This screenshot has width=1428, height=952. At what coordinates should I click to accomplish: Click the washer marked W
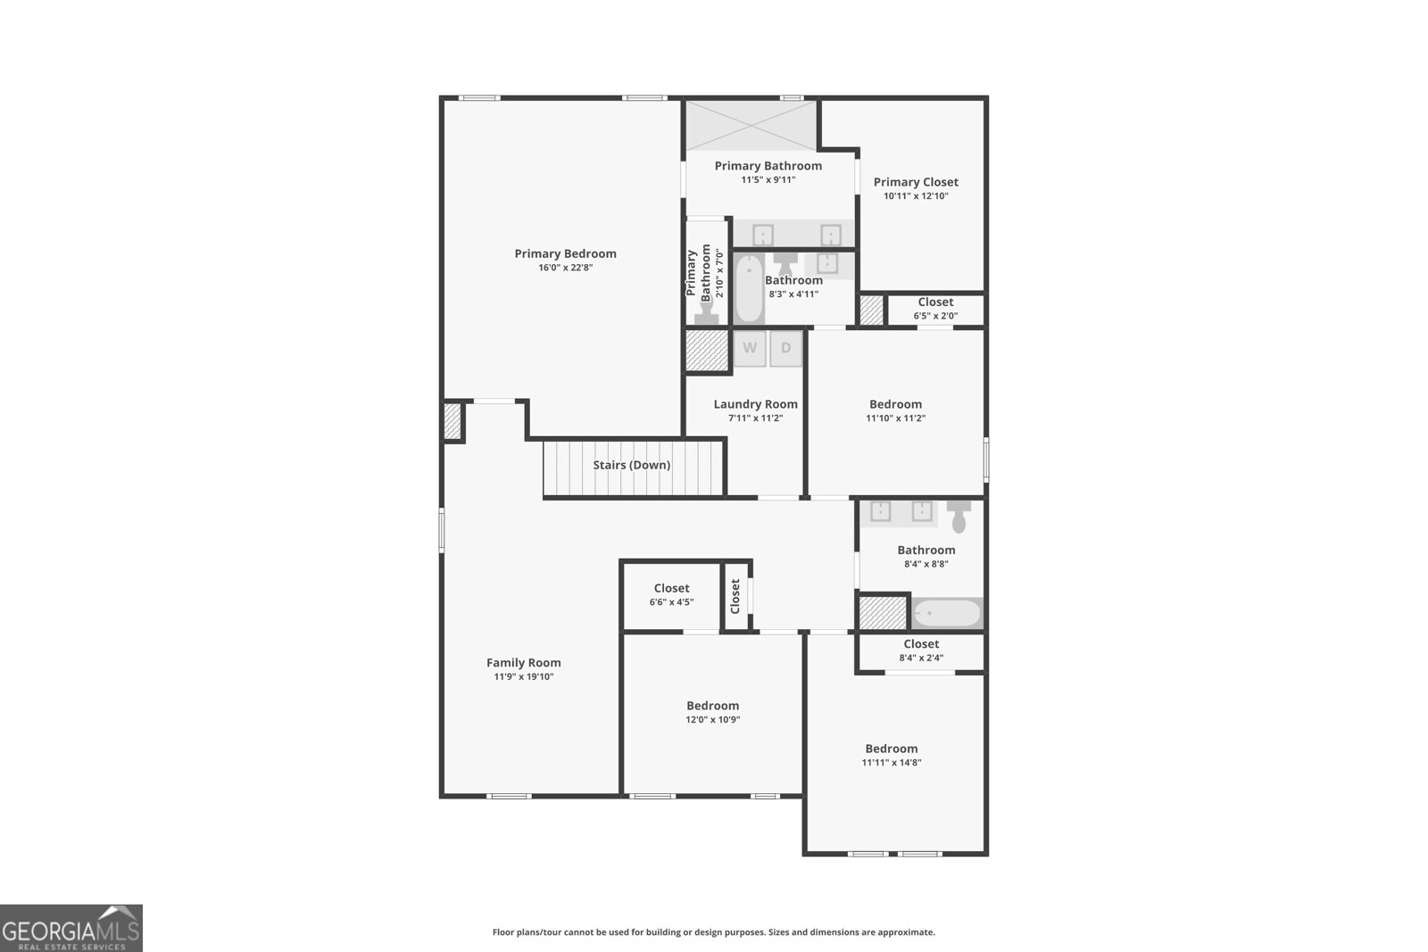(750, 348)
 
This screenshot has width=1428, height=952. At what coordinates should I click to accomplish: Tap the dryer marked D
(786, 348)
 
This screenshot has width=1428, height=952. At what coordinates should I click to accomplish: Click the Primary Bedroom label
(565, 253)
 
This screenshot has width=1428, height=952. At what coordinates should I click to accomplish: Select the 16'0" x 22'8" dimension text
(565, 268)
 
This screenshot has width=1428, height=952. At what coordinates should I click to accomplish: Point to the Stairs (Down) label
(631, 465)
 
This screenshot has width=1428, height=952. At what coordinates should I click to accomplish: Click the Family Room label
(523, 662)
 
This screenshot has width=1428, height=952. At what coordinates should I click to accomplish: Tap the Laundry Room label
(755, 404)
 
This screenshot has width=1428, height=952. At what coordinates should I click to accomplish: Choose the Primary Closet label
(916, 182)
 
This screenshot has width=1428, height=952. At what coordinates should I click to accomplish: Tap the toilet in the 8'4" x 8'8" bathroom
(959, 516)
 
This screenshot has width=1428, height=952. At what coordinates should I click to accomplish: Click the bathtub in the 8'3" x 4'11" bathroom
(749, 289)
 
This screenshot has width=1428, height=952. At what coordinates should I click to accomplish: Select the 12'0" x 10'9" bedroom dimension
(712, 720)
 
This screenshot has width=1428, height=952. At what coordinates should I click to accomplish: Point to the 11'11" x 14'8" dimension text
(891, 763)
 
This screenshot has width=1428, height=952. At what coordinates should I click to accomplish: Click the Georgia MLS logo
(71, 928)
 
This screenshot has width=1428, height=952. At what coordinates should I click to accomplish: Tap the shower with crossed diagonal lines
(751, 125)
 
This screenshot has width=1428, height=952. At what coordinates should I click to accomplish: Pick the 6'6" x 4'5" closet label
(671, 588)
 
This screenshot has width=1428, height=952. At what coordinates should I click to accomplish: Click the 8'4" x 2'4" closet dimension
(921, 658)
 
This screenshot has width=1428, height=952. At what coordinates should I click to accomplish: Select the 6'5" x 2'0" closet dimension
(935, 316)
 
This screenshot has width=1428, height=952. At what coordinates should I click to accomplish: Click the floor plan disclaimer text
(713, 932)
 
